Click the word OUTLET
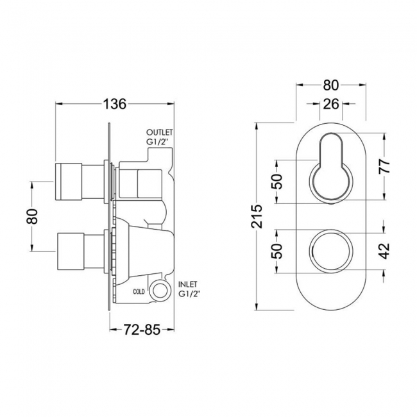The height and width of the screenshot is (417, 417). click(160, 133)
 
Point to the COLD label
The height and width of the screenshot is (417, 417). click(139, 291)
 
